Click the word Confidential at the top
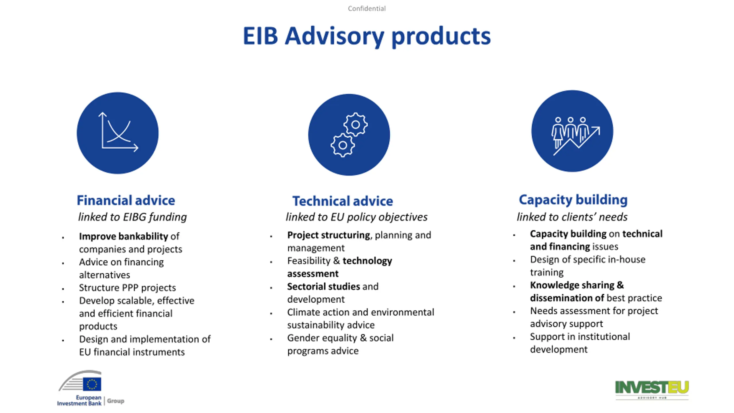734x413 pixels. point(367,9)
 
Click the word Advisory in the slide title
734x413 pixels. point(334,37)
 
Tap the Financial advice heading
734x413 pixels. point(126,200)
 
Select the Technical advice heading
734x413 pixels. point(343,201)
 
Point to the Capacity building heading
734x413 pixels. point(573,200)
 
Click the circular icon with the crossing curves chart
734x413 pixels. point(118,133)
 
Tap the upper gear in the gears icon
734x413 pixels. point(356,124)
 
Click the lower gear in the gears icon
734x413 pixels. point(343,145)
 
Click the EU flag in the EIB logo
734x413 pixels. point(92,384)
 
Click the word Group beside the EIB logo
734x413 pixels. point(116,401)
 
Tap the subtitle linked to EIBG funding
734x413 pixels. point(132,217)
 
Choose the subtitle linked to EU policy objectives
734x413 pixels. point(357,217)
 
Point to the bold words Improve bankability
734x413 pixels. point(124,236)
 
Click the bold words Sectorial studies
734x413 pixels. point(324,287)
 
